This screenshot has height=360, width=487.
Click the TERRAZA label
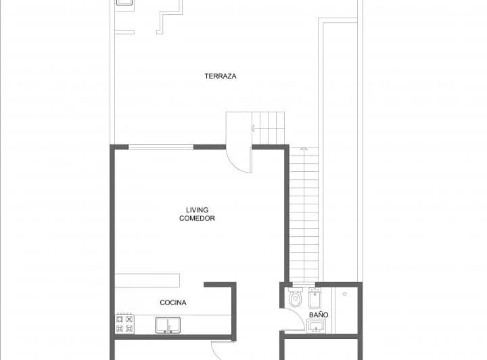click(221, 76)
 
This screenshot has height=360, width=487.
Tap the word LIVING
click(197, 210)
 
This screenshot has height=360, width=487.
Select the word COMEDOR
click(197, 219)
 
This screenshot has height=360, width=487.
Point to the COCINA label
click(173, 302)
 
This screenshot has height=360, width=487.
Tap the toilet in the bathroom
click(295, 298)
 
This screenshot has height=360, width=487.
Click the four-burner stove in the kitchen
click(124, 323)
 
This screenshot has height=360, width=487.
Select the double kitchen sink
click(168, 325)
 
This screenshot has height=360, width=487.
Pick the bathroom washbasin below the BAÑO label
click(316, 327)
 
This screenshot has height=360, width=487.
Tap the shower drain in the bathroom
click(344, 294)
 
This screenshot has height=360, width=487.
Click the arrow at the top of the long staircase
click(304, 149)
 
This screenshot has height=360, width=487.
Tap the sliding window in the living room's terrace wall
click(161, 147)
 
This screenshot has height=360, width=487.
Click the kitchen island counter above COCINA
click(147, 280)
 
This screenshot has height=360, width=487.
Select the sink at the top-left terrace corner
click(124, 3)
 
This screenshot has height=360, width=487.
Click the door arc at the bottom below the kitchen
click(218, 351)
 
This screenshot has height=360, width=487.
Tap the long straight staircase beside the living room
click(304, 217)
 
